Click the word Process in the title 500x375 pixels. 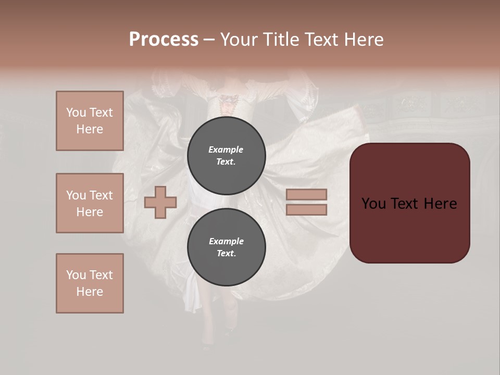(164, 40)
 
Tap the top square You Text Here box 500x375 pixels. (90, 121)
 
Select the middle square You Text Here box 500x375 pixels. (90, 203)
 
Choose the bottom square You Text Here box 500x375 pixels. (90, 283)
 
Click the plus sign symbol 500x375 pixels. (160, 202)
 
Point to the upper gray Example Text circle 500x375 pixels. (226, 155)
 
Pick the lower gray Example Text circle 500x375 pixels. (226, 247)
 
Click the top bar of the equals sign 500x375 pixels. (306, 194)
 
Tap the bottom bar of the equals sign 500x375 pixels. (306, 209)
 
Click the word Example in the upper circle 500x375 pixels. (226, 149)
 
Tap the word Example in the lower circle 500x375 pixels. (226, 241)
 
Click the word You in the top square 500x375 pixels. (76, 113)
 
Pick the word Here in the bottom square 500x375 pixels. (90, 292)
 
